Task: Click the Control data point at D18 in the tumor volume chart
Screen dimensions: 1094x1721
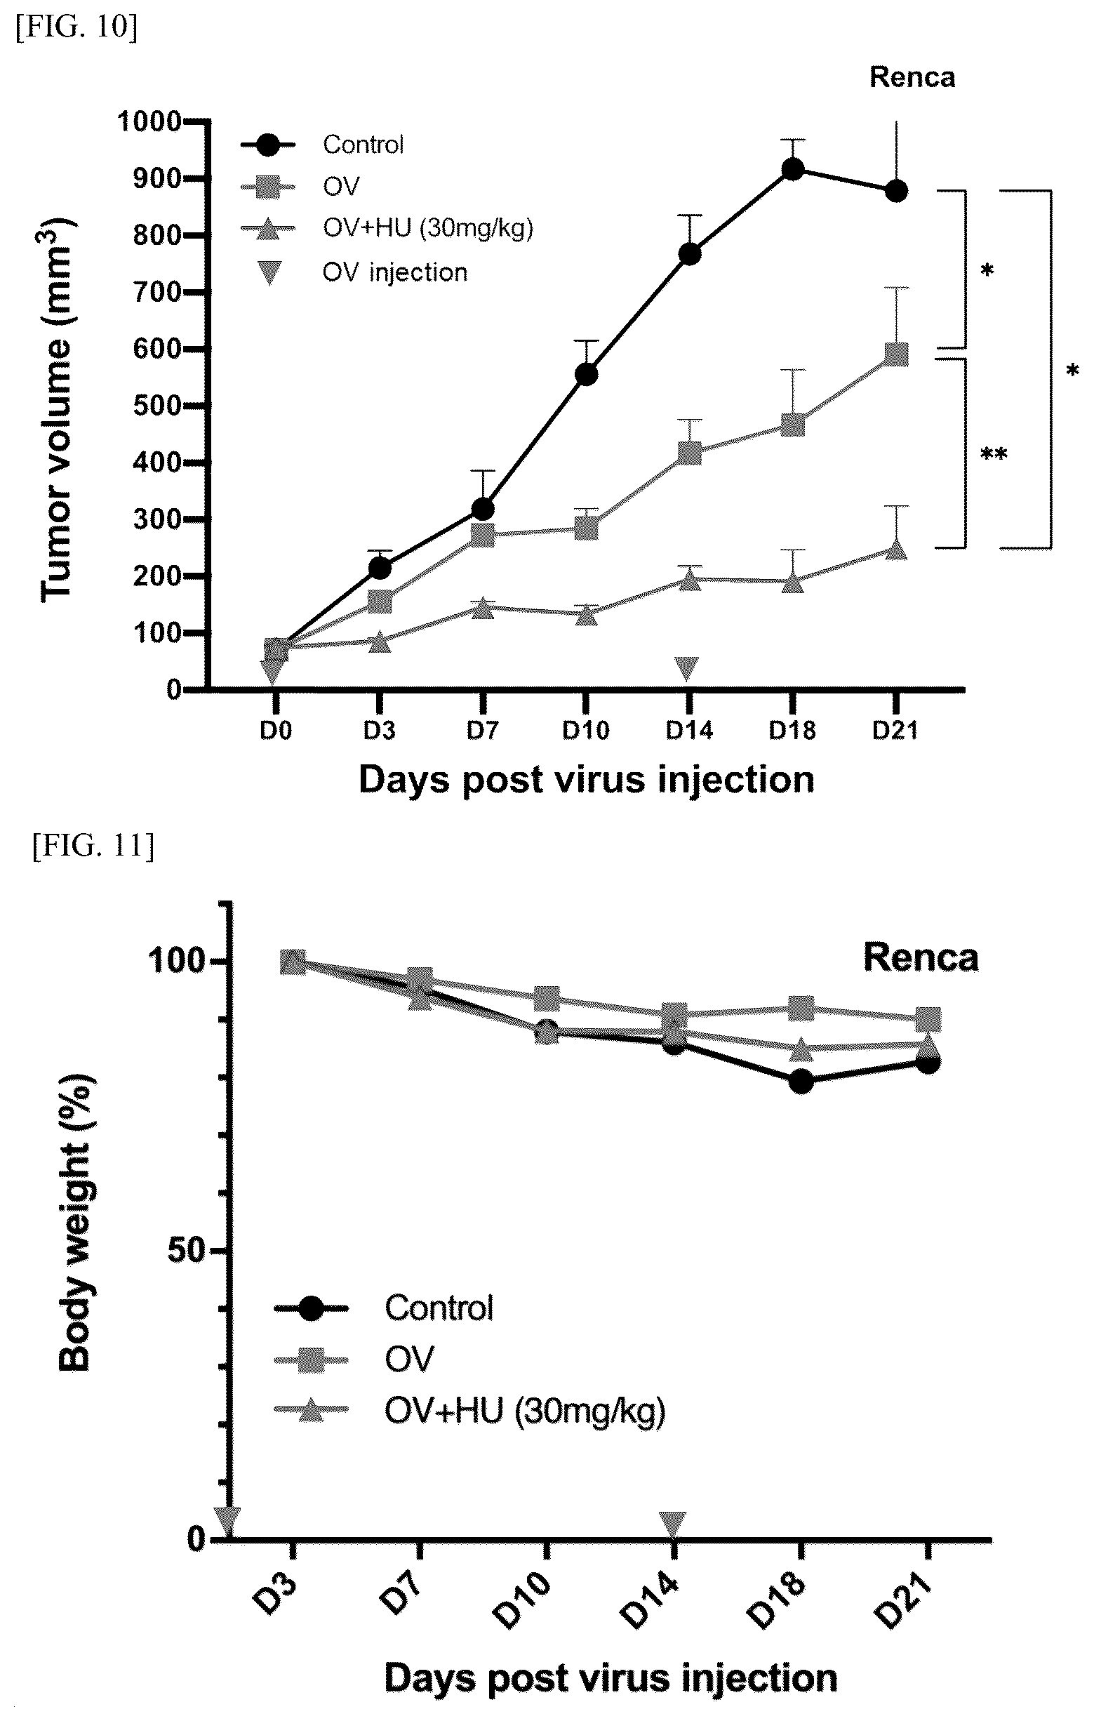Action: click(x=792, y=169)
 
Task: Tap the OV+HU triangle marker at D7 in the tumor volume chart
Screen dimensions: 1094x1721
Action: click(x=483, y=609)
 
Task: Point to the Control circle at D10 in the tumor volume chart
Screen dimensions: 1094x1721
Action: click(x=586, y=375)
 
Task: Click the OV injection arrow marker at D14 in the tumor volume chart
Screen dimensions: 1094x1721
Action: click(x=687, y=669)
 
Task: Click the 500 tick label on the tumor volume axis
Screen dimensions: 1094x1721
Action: click(x=156, y=406)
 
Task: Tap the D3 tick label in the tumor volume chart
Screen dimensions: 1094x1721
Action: click(x=379, y=731)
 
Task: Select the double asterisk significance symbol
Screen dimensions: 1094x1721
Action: click(x=993, y=455)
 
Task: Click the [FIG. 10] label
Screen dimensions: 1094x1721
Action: click(x=76, y=27)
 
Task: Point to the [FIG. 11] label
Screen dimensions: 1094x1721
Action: click(x=93, y=846)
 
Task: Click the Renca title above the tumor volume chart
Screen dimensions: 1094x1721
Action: click(x=912, y=77)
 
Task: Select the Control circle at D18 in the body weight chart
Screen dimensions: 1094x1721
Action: click(x=801, y=1082)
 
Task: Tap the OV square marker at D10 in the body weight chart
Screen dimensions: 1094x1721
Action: click(x=547, y=999)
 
